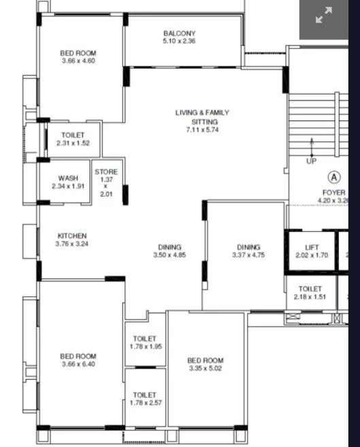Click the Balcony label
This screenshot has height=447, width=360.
coord(180,33)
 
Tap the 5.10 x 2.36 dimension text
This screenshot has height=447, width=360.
coord(180,41)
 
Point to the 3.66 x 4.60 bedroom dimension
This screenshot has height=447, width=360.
coord(78,61)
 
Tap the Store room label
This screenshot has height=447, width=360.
coord(106,172)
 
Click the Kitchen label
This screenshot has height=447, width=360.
coord(72,235)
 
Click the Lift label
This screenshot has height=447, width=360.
coord(312,247)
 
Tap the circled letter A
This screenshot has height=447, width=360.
coord(334,177)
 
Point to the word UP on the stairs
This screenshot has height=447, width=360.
coord(312,162)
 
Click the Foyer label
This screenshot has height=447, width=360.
coord(334,193)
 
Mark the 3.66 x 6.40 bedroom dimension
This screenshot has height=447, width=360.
coord(78,364)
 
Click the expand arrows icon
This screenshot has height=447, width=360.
coord(323,16)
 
